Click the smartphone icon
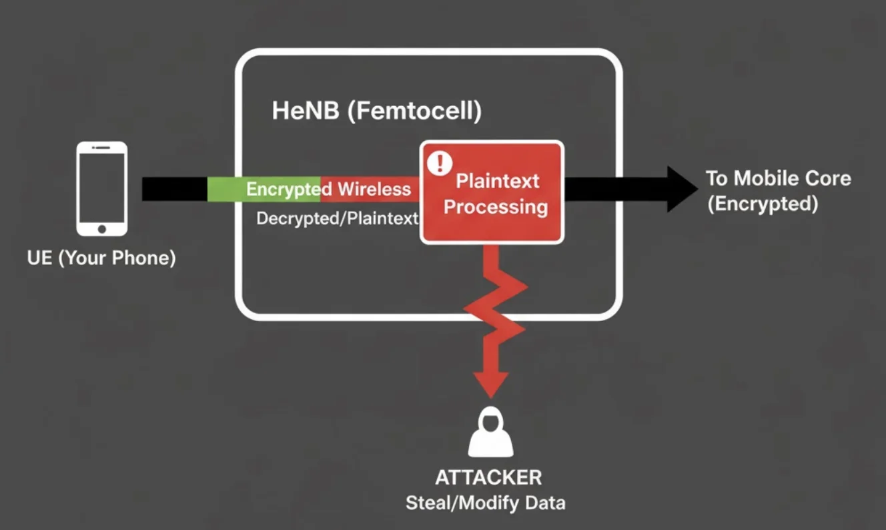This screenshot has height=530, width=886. coord(101,189)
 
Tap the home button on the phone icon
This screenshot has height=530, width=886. coord(101,228)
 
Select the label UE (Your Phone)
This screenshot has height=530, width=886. coord(101,258)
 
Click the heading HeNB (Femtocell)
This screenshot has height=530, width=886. coord(376,111)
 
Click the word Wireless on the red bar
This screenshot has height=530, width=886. coord(374,190)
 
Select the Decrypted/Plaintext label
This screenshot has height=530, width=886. coord(338,218)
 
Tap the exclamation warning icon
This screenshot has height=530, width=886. coord(440,163)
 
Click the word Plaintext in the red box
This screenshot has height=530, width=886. coord(497,181)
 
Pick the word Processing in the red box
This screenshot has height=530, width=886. coord(496,207)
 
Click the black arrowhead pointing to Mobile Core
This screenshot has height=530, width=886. coord(681,189)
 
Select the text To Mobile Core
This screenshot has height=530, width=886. coord(778,178)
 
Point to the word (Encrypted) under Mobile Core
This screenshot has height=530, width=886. coord(763,204)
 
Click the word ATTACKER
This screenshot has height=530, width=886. coord(488,477)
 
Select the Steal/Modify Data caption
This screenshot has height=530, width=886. coord(486,503)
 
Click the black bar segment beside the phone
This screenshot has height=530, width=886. coord(174,189)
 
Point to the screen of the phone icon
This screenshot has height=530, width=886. coord(101,186)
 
